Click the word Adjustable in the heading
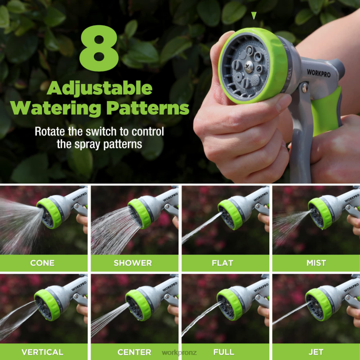tap(100, 88)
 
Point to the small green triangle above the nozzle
tap(254, 16)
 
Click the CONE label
tap(42, 263)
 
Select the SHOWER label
tap(133, 263)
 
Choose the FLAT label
tap(222, 263)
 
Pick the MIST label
tap(316, 263)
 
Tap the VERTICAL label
tap(42, 352)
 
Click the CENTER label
tap(134, 352)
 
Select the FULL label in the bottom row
tap(224, 352)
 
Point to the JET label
tap(316, 352)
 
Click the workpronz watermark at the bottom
tap(179, 353)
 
